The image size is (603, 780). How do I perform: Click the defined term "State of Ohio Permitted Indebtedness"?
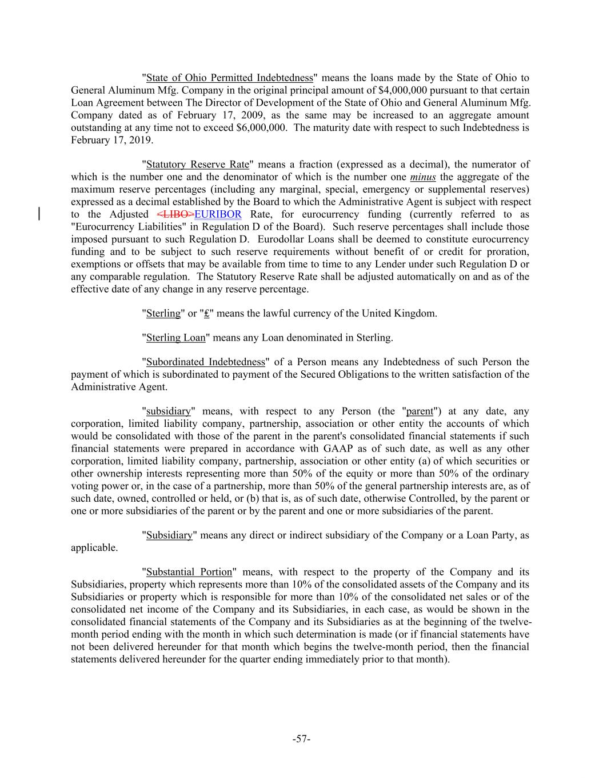click(230, 78)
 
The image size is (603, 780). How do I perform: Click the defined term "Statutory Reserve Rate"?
click(198, 165)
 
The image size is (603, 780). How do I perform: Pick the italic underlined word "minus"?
click(423, 177)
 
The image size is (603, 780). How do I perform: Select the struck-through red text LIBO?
click(175, 214)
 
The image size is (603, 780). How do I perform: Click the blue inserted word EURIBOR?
click(218, 214)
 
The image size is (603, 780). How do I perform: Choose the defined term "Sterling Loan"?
click(175, 338)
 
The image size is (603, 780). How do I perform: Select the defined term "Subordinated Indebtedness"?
click(206, 362)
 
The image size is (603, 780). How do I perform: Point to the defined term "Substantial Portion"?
click(189, 572)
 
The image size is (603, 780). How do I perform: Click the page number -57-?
click(301, 739)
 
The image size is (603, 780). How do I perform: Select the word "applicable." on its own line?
click(94, 547)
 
